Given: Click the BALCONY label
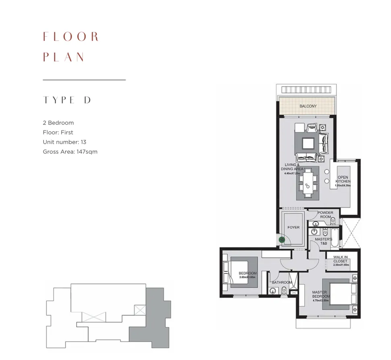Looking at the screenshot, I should [x=308, y=106].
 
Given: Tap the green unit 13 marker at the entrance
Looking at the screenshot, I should [x=282, y=240].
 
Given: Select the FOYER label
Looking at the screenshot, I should [x=294, y=228].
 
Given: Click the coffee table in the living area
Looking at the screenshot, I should [x=308, y=143].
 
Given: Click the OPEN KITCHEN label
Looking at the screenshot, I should [x=343, y=180].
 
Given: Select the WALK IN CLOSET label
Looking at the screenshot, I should [x=340, y=259].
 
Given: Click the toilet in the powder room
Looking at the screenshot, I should [x=333, y=221].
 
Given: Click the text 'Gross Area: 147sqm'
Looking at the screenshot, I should [x=70, y=152].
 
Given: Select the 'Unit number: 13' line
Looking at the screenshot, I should [x=64, y=142].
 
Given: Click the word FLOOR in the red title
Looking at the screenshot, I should [x=71, y=37].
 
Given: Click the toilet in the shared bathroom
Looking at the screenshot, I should [x=284, y=291].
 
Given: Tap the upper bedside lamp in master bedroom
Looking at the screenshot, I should [x=354, y=278].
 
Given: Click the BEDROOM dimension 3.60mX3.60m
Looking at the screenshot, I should [x=248, y=277].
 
